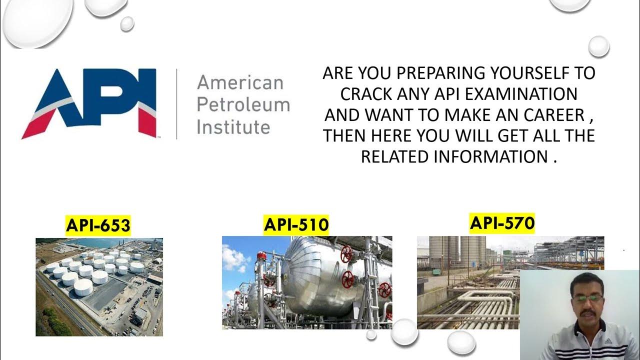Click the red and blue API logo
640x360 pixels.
[89, 103]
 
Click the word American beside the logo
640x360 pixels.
[240, 82]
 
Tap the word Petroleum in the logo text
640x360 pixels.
[243, 104]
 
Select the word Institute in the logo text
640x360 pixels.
[233, 126]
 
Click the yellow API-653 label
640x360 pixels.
[98, 225]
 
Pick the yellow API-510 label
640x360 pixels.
[296, 224]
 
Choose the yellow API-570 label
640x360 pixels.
[502, 222]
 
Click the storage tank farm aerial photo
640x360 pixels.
[99, 286]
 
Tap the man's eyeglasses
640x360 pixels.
[587, 297]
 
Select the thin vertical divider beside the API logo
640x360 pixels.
[177, 103]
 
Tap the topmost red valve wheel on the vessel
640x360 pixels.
[346, 254]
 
